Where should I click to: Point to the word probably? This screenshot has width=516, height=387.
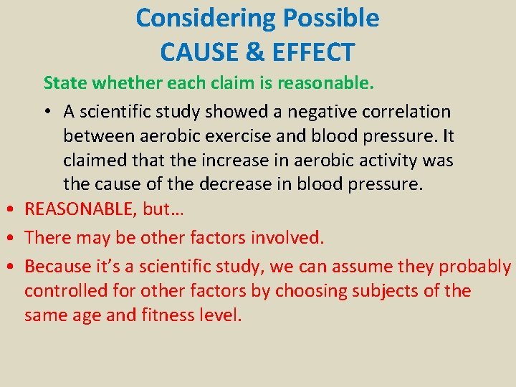tap(474, 267)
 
